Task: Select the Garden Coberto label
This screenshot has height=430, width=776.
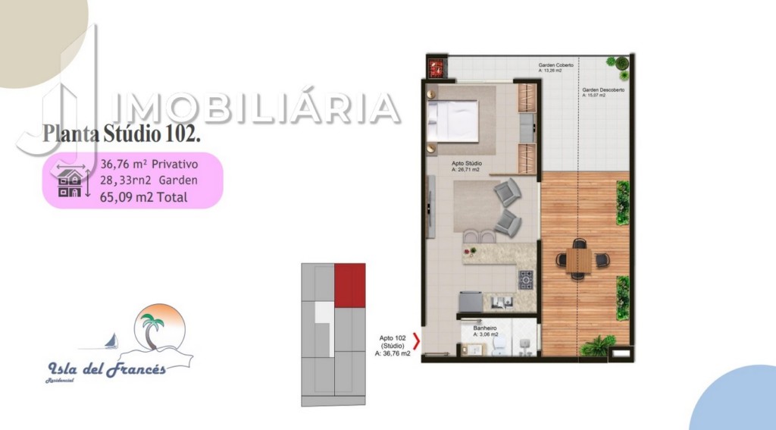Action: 555,66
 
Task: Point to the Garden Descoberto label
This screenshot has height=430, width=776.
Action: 603,90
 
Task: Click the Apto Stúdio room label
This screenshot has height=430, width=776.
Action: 467,164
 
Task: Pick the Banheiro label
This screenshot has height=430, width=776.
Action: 484,329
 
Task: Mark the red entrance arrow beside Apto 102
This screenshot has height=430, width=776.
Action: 415,339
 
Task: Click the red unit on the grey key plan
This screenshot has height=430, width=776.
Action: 350,285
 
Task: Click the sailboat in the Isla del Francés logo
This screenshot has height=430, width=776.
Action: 111,341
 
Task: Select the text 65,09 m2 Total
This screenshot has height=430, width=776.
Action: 144,197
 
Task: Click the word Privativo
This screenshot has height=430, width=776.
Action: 174,163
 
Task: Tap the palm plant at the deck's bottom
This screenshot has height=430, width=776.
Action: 598,347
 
